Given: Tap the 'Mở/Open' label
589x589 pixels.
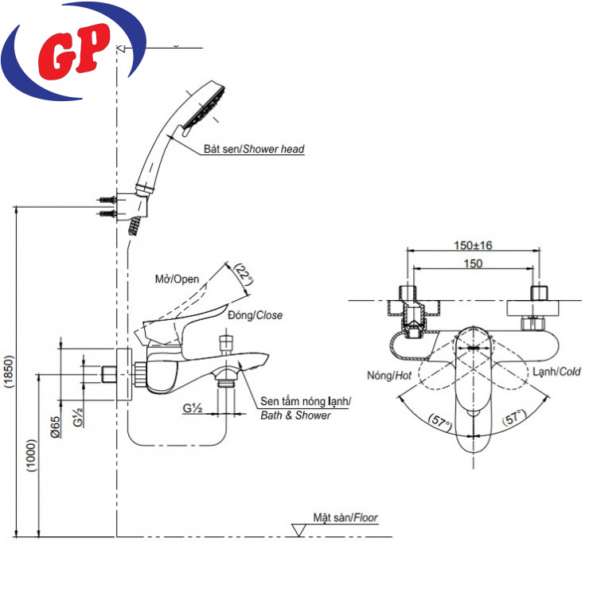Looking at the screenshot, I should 177,279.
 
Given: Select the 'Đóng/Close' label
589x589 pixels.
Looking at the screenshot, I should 255,315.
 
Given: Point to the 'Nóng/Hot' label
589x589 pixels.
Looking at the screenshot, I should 389,375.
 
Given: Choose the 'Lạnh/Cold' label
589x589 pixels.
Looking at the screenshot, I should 556,371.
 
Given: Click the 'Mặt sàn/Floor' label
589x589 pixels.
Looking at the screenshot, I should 345,517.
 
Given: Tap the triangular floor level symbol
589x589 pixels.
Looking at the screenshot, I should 300,529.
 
